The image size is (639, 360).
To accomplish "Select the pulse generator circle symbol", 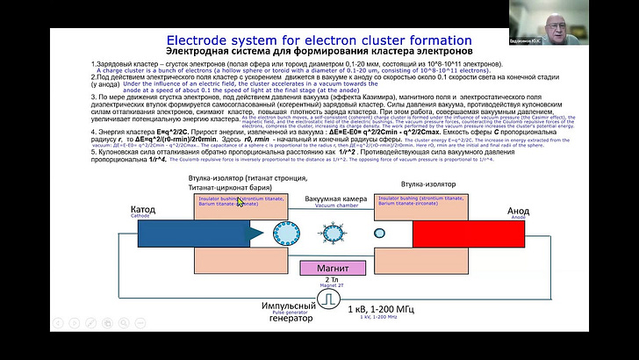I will click(327, 299).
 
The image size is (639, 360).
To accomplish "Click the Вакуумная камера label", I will click(330, 198).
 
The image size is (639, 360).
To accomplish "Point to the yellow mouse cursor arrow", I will click(239, 201).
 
